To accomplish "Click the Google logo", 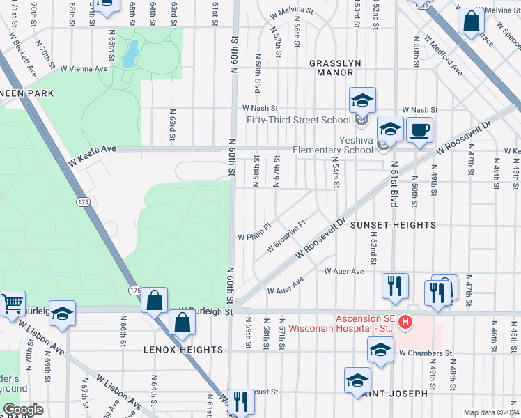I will coord(22,410).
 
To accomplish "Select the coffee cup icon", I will coord(419,130).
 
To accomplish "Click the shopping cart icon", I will coord(11,304).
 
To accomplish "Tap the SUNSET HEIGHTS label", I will coord(393,225).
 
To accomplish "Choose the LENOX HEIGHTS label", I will coord(177,348).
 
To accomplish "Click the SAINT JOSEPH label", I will coord(394,394).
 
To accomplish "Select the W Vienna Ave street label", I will coord(84,68).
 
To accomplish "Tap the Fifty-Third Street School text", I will coord(297,120).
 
